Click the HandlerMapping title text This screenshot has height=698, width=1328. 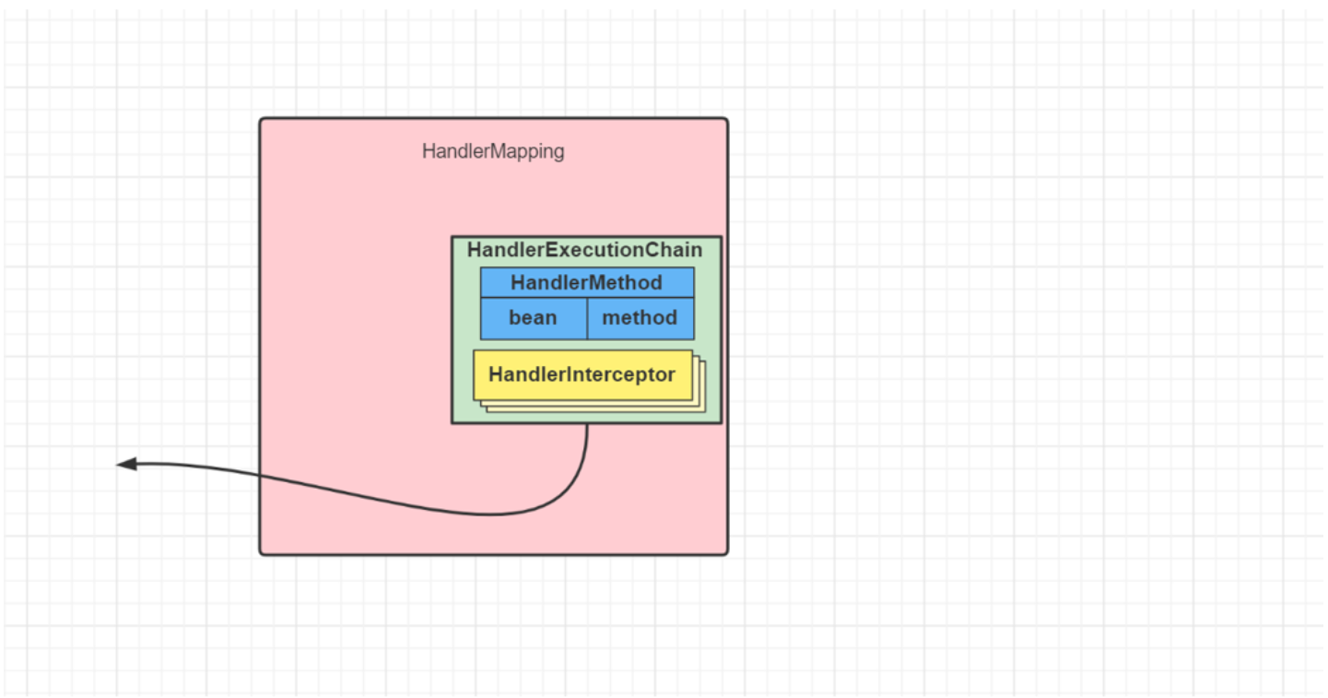[493, 151]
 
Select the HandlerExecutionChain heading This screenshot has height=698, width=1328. [584, 250]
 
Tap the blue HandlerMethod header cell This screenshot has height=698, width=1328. [586, 282]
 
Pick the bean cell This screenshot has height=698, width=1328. [533, 318]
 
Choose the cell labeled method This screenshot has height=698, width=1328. [640, 318]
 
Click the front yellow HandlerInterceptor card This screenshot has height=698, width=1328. [582, 375]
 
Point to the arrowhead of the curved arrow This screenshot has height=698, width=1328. [121, 464]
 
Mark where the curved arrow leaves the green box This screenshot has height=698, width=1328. [587, 424]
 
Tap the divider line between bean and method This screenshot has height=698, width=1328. [587, 318]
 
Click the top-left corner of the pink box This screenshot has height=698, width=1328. [261, 119]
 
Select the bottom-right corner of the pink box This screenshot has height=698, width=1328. [727, 553]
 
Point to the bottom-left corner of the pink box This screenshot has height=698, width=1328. [261, 553]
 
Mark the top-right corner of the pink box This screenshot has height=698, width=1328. [727, 119]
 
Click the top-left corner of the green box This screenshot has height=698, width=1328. [452, 237]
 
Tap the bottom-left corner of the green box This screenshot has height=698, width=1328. [452, 423]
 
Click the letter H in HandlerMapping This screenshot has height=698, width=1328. [428, 151]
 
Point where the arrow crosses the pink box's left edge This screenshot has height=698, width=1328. [261, 477]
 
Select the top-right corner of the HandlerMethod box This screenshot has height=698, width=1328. [694, 268]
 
